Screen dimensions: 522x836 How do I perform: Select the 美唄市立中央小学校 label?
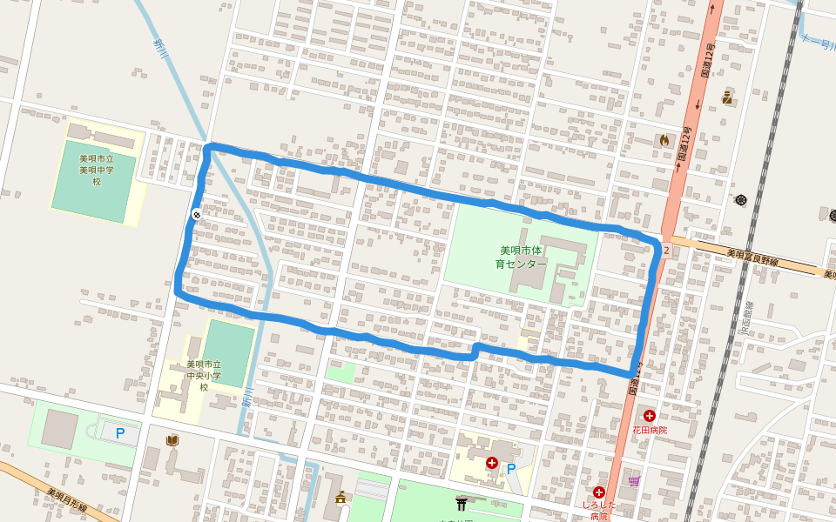point(204,375)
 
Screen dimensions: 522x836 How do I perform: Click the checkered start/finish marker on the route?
point(198,213)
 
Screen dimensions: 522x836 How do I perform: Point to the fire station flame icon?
point(665,139)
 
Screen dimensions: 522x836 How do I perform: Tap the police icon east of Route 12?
point(727,98)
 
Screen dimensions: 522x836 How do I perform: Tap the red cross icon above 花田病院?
point(650,416)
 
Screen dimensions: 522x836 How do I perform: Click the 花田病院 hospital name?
point(650,431)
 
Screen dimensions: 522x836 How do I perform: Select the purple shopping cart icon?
point(634,480)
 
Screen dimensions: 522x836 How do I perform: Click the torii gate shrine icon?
point(462,503)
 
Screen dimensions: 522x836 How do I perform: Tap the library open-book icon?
point(172,441)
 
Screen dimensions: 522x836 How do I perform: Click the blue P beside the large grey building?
point(121,432)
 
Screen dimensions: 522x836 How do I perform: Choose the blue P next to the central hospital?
point(511,468)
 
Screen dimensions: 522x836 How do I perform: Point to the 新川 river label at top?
point(159,43)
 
